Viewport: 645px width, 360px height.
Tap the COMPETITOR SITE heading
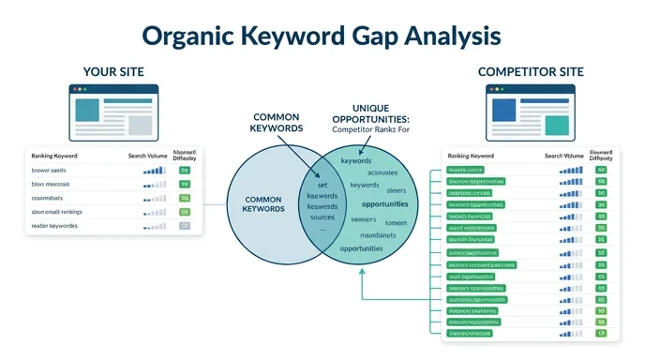coord(530,71)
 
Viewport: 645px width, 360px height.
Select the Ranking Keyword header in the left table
coord(54,156)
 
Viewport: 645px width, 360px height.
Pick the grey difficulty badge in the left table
coord(185,226)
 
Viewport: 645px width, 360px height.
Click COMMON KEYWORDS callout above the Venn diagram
coord(277,123)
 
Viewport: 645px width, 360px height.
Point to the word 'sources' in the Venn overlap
coord(322,216)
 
